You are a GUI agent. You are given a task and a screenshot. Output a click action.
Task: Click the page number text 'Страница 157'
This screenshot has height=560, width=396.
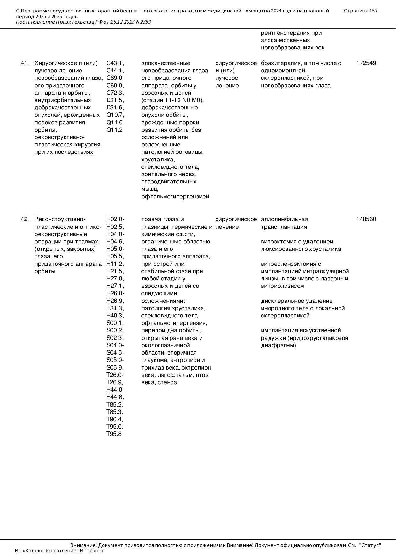[361, 11]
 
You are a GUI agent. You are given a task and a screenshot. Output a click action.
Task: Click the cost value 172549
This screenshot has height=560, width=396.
[366, 63]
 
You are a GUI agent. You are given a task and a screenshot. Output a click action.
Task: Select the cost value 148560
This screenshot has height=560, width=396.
[366, 219]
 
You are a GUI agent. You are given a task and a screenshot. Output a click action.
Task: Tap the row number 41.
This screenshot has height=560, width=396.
[25, 63]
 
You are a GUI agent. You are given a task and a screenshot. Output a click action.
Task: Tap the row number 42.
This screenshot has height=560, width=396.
[25, 219]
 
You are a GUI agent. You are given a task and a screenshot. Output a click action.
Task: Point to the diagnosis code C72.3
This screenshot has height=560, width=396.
[115, 93]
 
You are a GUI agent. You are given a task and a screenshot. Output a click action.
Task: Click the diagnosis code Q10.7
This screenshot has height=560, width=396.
[115, 115]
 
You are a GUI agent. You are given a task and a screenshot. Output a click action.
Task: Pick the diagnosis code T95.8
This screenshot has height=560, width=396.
[114, 434]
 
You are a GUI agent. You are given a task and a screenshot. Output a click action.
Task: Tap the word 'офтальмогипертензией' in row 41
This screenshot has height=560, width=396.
[175, 197]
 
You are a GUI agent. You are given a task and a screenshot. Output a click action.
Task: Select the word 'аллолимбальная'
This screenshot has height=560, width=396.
[285, 219]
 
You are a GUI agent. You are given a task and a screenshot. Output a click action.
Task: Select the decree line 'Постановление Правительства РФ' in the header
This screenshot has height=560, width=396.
[59, 22]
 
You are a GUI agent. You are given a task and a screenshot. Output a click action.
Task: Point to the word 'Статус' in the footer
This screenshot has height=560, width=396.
[370, 545]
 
